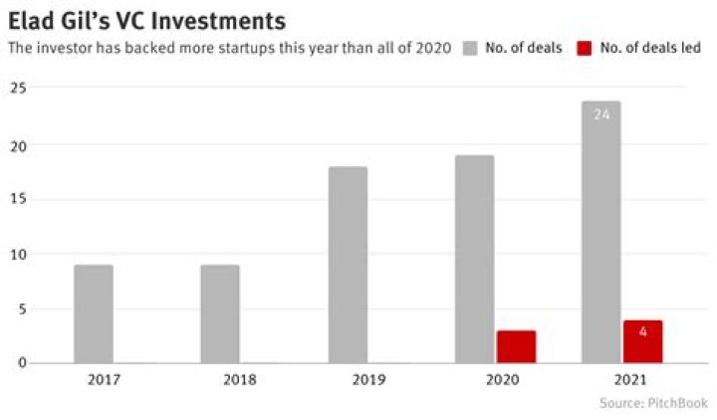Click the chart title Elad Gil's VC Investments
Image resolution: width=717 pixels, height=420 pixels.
click(x=147, y=19)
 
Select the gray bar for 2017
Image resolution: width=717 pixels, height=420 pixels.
click(x=93, y=314)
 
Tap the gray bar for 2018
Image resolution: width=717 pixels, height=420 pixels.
click(x=220, y=314)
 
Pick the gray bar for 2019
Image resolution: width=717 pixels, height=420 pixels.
click(x=347, y=265)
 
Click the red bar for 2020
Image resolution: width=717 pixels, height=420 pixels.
click(x=516, y=346)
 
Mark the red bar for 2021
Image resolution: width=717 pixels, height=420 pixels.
click(x=642, y=341)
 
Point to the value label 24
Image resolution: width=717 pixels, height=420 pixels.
click(x=601, y=114)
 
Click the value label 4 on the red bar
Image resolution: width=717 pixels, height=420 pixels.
click(x=642, y=331)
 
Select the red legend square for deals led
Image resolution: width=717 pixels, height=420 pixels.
click(x=585, y=47)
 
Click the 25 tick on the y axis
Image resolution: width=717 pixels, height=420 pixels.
click(x=16, y=90)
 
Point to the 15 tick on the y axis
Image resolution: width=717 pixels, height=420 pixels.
click(x=16, y=199)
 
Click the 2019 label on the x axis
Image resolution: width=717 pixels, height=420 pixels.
click(x=347, y=380)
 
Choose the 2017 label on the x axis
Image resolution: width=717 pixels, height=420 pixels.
click(x=93, y=380)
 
